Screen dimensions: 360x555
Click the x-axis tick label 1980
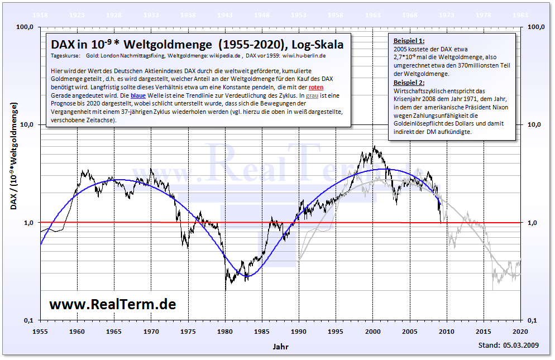pos(225,331)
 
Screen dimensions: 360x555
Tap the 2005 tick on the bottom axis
pos(410,331)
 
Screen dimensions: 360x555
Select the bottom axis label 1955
pos(40,331)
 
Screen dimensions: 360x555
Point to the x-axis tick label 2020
pos(520,331)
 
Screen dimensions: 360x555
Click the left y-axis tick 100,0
pos(25,27)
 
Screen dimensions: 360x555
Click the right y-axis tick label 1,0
pos(534,222)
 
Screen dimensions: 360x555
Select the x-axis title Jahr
pos(281,346)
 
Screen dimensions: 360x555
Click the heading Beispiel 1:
pos(409,41)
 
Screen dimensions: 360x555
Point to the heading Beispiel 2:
pos(409,83)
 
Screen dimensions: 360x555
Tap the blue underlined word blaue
pos(138,96)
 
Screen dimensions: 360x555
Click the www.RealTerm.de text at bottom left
pos(112,304)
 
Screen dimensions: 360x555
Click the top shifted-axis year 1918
pos(40,15)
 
